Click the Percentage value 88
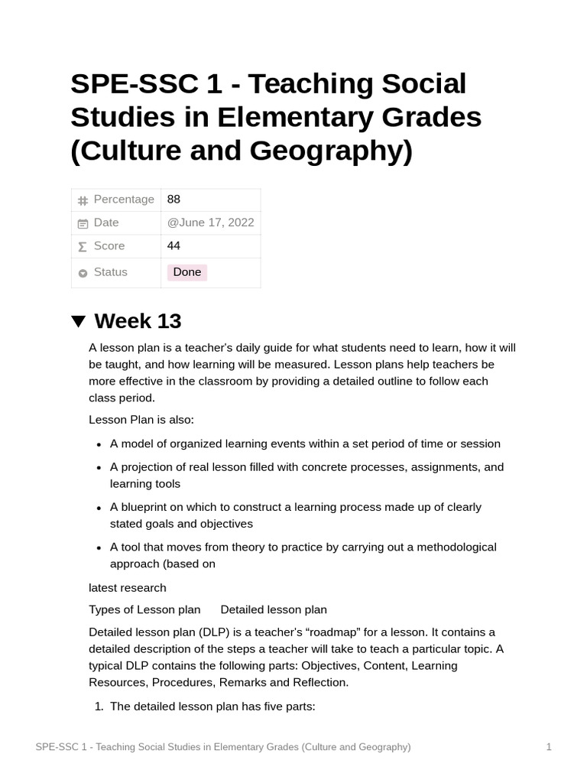pyautogui.click(x=174, y=200)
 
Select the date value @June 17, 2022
pyautogui.click(x=210, y=223)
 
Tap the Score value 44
pyautogui.click(x=174, y=246)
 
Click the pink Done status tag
pyautogui.click(x=186, y=272)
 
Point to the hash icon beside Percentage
pyautogui.click(x=83, y=200)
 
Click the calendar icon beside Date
pyautogui.click(x=83, y=223)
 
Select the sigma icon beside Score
pyautogui.click(x=83, y=247)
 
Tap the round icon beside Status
pyautogui.click(x=83, y=273)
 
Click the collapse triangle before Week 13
pyautogui.click(x=78, y=321)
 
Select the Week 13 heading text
pyautogui.click(x=138, y=321)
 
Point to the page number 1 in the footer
pyautogui.click(x=549, y=747)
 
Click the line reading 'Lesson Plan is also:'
pyautogui.click(x=141, y=420)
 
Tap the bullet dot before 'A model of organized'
pyautogui.click(x=99, y=444)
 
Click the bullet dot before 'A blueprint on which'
pyautogui.click(x=99, y=508)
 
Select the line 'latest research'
pyautogui.click(x=127, y=588)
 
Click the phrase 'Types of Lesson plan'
pyautogui.click(x=144, y=609)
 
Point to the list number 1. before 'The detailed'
pyautogui.click(x=99, y=707)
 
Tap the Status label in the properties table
pyautogui.click(x=110, y=272)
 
